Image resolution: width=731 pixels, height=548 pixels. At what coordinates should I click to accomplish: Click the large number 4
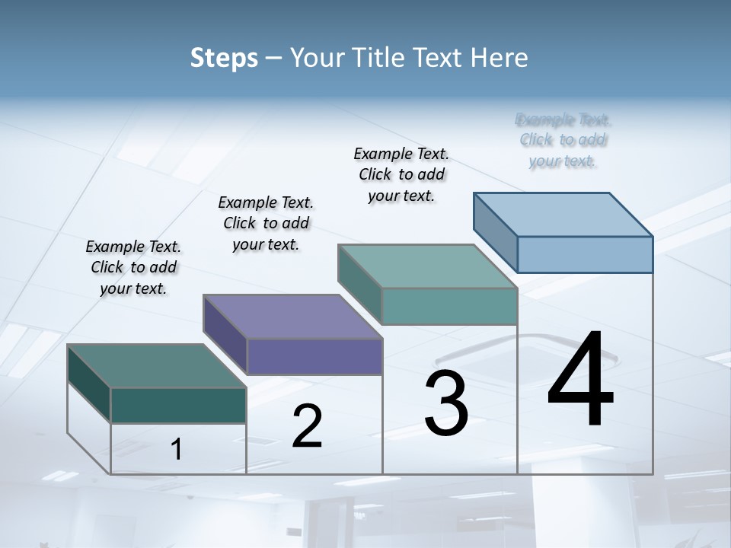click(x=580, y=381)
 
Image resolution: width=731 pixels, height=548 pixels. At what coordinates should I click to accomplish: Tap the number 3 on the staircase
click(x=445, y=403)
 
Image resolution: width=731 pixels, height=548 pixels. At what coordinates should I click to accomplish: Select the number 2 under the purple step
click(x=307, y=426)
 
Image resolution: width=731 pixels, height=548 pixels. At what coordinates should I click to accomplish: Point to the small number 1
click(x=176, y=449)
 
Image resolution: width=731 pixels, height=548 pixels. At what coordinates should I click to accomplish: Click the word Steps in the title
click(x=224, y=58)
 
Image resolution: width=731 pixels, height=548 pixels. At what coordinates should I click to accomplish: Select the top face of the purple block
click(x=292, y=317)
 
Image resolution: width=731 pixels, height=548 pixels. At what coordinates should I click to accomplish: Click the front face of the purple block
click(x=314, y=356)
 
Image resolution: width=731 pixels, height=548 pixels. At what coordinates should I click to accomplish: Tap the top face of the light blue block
click(x=563, y=214)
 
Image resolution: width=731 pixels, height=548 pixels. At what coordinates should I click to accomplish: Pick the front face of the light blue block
click(x=585, y=254)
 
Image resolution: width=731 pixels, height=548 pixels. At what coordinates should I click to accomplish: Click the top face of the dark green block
click(x=157, y=366)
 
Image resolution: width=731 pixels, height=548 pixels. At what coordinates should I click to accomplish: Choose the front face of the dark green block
click(x=178, y=405)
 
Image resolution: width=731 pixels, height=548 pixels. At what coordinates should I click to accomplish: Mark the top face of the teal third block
click(x=428, y=266)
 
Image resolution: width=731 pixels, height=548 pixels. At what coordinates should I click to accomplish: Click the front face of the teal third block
click(x=449, y=306)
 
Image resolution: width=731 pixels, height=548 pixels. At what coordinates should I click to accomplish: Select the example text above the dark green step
click(x=133, y=267)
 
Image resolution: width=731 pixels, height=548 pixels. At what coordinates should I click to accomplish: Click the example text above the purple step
click(x=266, y=223)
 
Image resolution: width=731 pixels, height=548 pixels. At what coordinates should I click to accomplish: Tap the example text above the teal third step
click(x=401, y=174)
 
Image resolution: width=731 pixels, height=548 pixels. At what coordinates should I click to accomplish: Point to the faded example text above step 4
click(x=563, y=140)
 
